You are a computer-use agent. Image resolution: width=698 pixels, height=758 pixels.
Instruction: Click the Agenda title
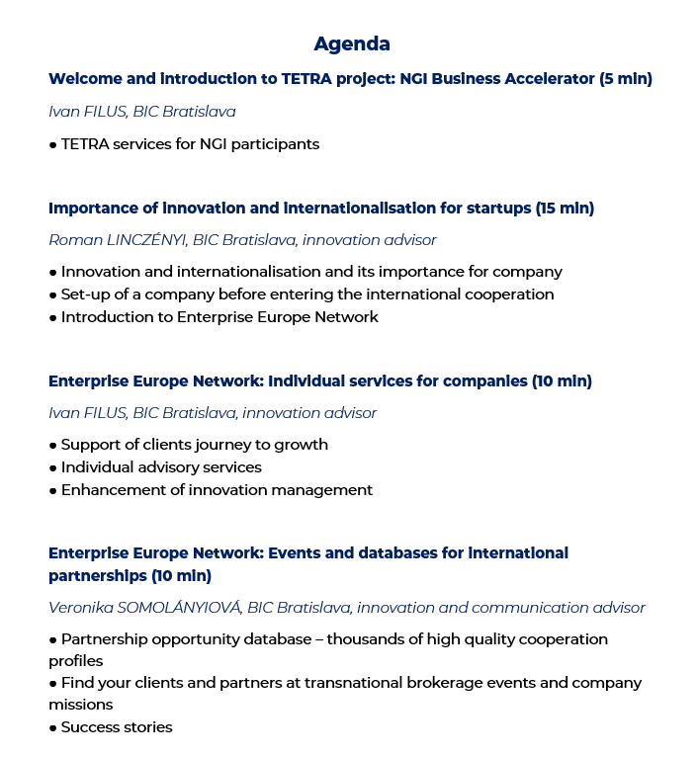[352, 43]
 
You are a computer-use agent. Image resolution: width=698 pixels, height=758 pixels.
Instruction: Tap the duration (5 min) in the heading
[626, 79]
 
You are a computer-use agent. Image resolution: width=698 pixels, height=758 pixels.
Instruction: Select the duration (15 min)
[565, 209]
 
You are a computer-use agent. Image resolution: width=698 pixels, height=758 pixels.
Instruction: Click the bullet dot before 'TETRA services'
[52, 144]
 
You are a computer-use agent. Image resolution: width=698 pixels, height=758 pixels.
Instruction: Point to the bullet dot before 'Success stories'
[52, 728]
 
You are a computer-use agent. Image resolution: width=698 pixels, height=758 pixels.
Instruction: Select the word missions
[80, 705]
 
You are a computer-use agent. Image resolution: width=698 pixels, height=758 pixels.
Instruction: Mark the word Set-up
[86, 295]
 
